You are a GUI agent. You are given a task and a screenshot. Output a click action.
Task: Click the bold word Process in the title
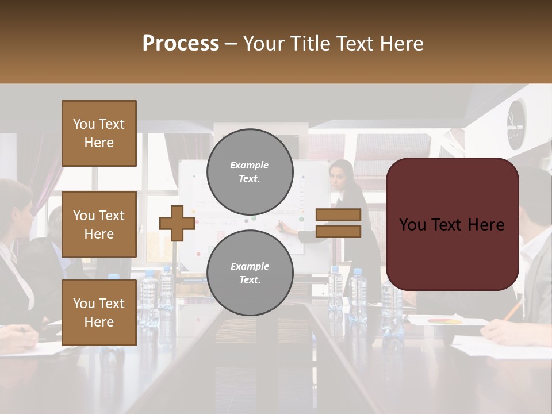pyautogui.click(x=181, y=44)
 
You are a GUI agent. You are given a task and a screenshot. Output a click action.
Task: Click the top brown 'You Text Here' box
pyautogui.click(x=99, y=133)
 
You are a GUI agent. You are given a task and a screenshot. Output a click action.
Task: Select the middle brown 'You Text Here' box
pyautogui.click(x=99, y=224)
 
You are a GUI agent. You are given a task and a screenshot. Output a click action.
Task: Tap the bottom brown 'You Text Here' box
pyautogui.click(x=99, y=312)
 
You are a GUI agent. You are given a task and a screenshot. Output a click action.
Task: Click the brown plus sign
pyautogui.click(x=177, y=223)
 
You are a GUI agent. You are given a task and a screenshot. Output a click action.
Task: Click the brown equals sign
pyautogui.click(x=338, y=223)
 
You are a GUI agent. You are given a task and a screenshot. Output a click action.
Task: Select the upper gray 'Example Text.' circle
pyautogui.click(x=250, y=171)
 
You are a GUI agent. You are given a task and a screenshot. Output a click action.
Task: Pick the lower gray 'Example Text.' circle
pyautogui.click(x=250, y=273)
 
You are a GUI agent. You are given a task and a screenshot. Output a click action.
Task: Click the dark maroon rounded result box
pyautogui.click(x=452, y=224)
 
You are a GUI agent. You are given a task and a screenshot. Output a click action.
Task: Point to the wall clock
pyautogui.click(x=516, y=123)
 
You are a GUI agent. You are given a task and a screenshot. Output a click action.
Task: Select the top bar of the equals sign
pyautogui.click(x=338, y=215)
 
